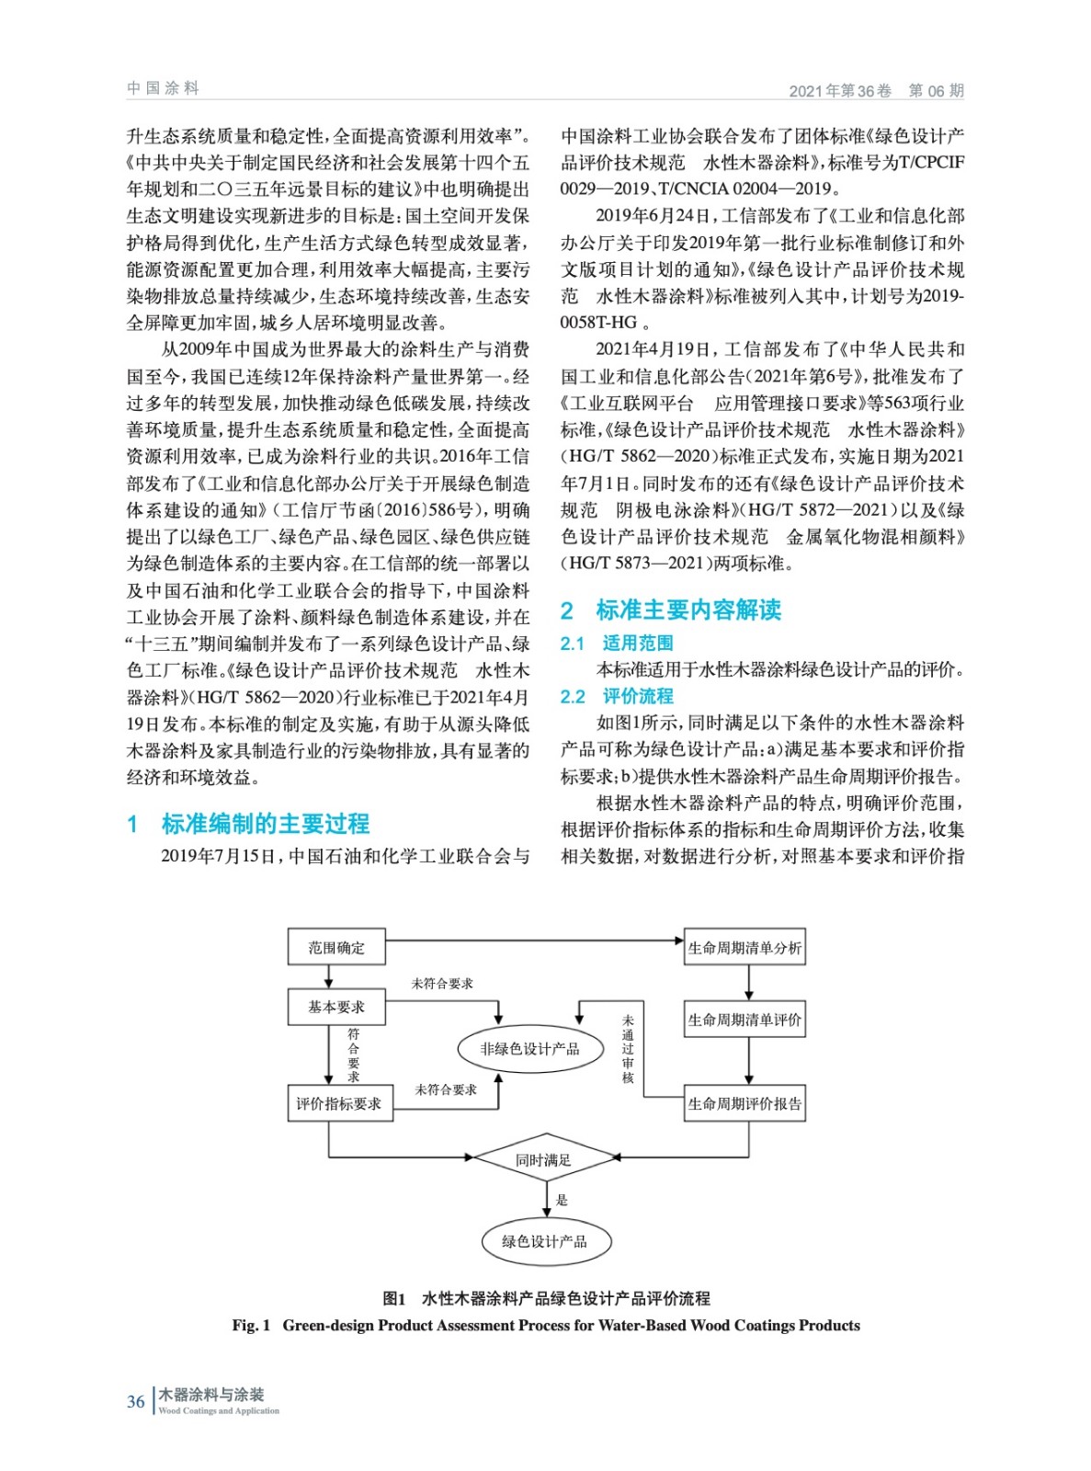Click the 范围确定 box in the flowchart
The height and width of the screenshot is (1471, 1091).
pos(335,948)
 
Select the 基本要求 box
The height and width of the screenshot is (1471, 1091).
pos(335,1007)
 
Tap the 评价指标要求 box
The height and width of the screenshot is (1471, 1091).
pos(339,1103)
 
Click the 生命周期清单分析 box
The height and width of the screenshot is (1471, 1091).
pos(744,948)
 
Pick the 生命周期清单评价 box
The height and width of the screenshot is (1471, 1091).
pos(744,1020)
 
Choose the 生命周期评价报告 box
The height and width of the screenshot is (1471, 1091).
pos(744,1103)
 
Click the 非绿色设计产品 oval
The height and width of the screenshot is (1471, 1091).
pos(530,1049)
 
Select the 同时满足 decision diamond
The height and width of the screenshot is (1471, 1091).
pos(544,1160)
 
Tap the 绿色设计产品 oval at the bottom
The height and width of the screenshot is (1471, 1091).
pos(544,1241)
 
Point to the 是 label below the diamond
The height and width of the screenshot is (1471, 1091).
pos(563,1200)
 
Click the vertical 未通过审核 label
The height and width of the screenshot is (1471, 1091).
pos(628,1049)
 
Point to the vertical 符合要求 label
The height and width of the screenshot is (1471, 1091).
pos(354,1055)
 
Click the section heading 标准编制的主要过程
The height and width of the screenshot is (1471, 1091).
pos(266,824)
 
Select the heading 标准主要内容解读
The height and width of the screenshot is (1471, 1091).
pos(688,610)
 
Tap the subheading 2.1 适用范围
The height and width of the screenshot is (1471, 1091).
pos(617,644)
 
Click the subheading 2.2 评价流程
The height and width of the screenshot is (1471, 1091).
pos(617,697)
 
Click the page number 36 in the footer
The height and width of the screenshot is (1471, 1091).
pos(136,1401)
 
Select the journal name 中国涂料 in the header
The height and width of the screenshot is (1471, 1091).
pos(163,88)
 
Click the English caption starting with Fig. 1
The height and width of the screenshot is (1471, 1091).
pos(546,1325)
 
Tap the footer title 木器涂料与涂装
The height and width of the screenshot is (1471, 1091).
pos(211,1394)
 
